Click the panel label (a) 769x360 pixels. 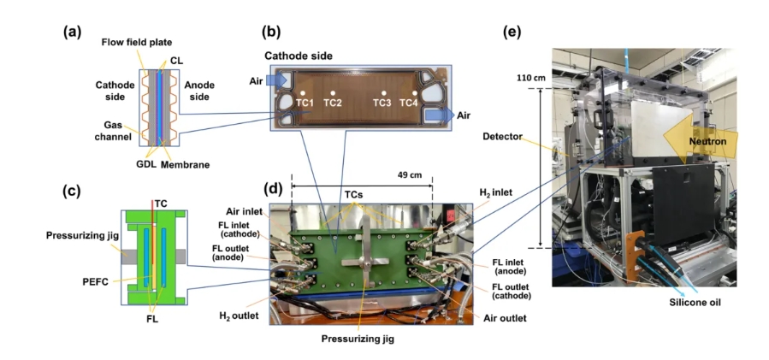tap(71, 33)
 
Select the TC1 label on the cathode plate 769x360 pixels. tap(306, 103)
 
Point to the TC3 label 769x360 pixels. tap(382, 103)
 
